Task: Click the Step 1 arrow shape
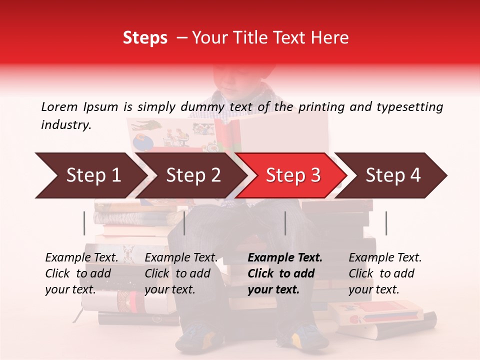click(x=90, y=175)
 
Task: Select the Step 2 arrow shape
click(x=192, y=175)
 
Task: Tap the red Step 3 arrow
click(x=293, y=175)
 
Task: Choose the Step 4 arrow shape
click(x=393, y=175)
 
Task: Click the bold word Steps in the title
click(x=145, y=37)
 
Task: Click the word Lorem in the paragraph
click(x=59, y=106)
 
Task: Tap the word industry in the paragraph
click(x=66, y=125)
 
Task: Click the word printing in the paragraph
click(x=319, y=106)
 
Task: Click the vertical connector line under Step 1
click(x=84, y=223)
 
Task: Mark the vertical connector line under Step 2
click(x=184, y=223)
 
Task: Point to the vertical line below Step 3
click(x=285, y=223)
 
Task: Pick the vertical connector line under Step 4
click(x=386, y=223)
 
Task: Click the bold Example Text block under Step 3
click(x=285, y=273)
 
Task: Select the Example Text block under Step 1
click(x=81, y=273)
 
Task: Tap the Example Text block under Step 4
click(x=385, y=273)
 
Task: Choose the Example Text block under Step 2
click(x=181, y=273)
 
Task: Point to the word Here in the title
click(x=331, y=37)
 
